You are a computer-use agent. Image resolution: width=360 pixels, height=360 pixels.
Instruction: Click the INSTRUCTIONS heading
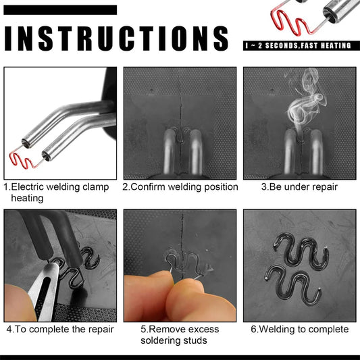point(116,38)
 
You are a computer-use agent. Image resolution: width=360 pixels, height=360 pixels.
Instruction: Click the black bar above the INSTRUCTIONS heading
point(60,10)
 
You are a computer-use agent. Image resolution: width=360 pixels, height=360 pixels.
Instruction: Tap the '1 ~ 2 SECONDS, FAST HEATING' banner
point(301,45)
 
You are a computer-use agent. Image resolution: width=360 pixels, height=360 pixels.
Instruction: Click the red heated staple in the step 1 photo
point(22,159)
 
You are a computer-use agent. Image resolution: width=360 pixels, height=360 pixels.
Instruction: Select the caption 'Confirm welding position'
point(184,187)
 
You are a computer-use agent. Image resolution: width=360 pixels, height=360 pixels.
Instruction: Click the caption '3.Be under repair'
point(299,187)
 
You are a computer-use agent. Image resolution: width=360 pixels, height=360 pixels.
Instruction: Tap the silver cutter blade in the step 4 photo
point(44,292)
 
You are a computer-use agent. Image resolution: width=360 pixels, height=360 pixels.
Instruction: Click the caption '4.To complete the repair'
point(60,329)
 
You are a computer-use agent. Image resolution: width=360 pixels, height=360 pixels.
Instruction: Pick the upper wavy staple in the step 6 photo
point(301,251)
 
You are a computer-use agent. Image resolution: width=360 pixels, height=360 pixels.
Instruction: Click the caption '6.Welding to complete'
point(300,329)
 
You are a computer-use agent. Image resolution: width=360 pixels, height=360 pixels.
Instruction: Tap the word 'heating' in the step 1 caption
point(27,198)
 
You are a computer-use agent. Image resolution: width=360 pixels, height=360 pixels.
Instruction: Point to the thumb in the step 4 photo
point(18,303)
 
